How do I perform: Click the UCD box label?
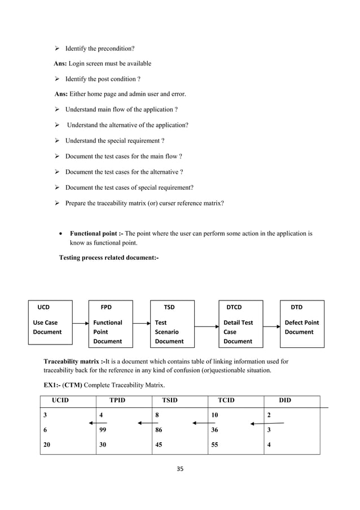click(43, 308)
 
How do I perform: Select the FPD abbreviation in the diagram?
click(106, 308)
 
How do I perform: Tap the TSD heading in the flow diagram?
click(169, 308)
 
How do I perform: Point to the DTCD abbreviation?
click(234, 308)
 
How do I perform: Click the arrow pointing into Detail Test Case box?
click(207, 323)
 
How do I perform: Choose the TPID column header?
click(117, 400)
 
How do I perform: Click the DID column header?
click(285, 400)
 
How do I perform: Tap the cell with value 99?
click(103, 430)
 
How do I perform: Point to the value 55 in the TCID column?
click(215, 444)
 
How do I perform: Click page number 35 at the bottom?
click(180, 468)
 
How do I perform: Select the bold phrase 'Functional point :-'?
click(96, 233)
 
